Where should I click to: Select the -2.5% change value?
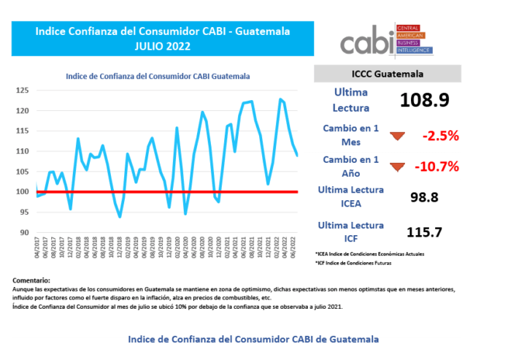point(439,135)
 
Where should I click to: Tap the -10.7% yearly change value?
point(436,166)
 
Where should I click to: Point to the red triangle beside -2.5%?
point(397,136)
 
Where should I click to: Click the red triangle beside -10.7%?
point(397,166)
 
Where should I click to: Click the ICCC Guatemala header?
point(388,74)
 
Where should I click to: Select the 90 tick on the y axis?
point(24,233)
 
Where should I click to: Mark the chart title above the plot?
point(158,76)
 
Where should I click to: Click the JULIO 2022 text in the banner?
point(162,46)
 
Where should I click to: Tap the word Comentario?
point(32,280)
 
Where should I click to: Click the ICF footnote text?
point(361,261)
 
